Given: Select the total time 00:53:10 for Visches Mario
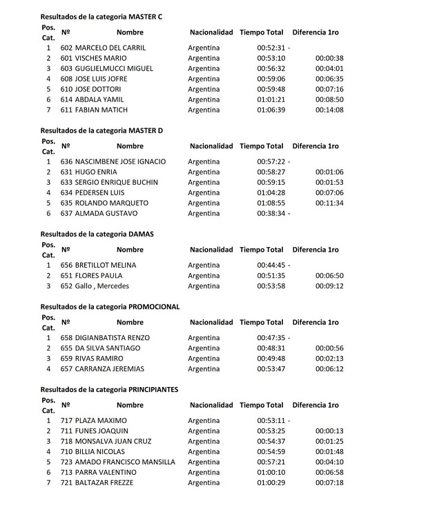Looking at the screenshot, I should pos(270,58).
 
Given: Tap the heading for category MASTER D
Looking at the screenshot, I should pos(101,130).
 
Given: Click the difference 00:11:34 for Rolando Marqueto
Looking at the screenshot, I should pos(329,203).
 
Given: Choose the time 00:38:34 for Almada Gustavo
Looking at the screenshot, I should pos(270,213).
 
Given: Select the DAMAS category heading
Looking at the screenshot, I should pos(97,234).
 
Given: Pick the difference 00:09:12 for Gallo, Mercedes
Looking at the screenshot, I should pos(329,286).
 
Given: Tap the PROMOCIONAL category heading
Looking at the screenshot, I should pos(110,306).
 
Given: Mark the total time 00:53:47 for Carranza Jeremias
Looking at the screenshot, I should pos(270,368).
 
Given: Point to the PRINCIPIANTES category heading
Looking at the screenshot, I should pos(109,389).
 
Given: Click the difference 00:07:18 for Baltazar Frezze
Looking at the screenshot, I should pos(329,482).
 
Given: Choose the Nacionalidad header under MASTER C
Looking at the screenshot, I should pos(211,32).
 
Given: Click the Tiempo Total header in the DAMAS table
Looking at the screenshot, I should pos(261,249).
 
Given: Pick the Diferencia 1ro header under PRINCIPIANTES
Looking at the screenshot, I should pos(315,404).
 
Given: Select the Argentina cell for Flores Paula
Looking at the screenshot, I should pos(204,275).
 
